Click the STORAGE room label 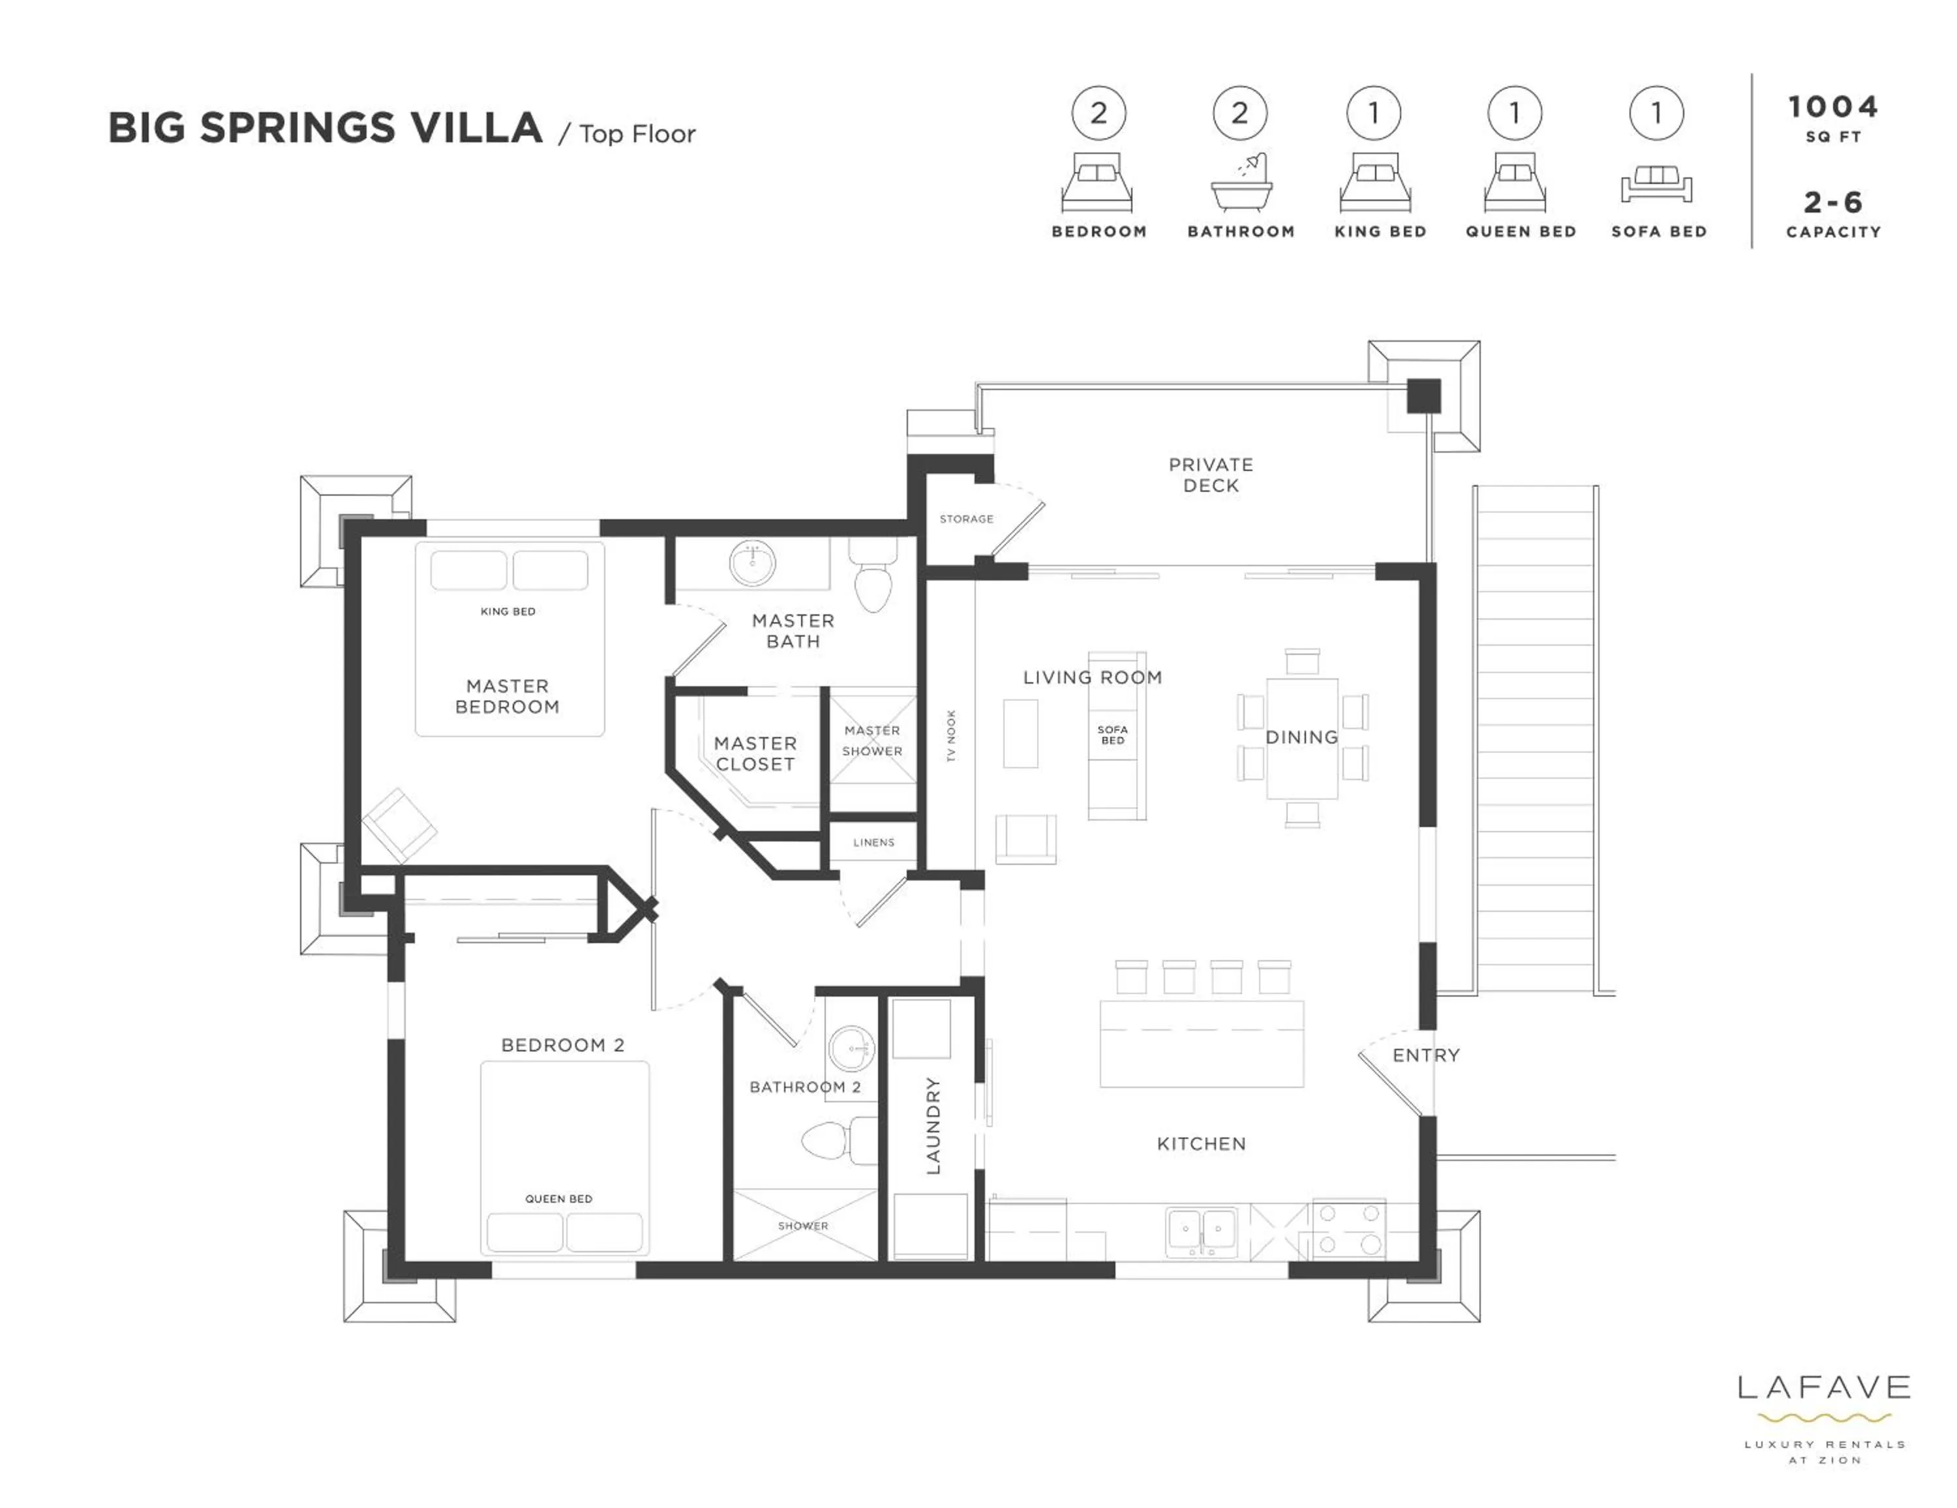pos(966,519)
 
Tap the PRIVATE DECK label pos(1211,475)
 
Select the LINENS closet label pos(873,842)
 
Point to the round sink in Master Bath pos(753,564)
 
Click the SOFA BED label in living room pos(1112,734)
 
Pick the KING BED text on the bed pos(508,612)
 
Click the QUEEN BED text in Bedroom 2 pos(558,1199)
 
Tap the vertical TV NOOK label pos(952,736)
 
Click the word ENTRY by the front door pos(1425,1055)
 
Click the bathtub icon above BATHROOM pos(1241,185)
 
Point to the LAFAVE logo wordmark pos(1823,1388)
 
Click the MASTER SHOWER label pos(872,741)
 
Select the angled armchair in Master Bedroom pos(399,825)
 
